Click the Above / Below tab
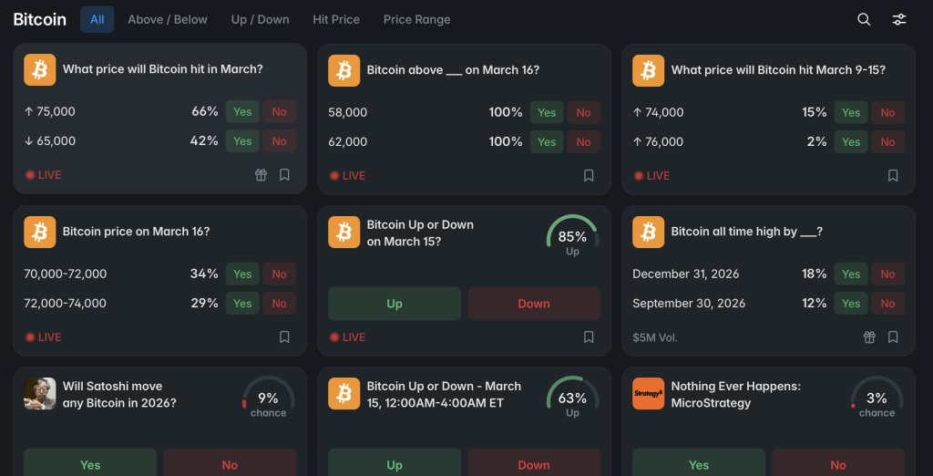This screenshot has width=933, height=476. [x=168, y=19]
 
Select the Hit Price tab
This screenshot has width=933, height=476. [x=336, y=19]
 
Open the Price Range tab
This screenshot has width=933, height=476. [x=416, y=19]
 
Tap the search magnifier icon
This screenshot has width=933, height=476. [x=864, y=19]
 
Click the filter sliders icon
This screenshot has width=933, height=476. [x=899, y=19]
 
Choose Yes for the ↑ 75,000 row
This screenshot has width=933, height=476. [x=242, y=112]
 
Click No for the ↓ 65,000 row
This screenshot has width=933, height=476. [x=279, y=141]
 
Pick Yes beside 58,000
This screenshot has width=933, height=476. [x=547, y=113]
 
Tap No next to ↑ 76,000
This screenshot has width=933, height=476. [x=887, y=142]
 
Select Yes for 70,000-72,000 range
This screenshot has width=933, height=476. [x=242, y=274]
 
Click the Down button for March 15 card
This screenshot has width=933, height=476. [x=534, y=304]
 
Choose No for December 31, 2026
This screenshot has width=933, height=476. [x=887, y=274]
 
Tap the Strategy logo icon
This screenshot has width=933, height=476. [x=648, y=393]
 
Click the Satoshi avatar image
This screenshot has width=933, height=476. [x=39, y=393]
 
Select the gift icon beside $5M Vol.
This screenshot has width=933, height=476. [x=869, y=337]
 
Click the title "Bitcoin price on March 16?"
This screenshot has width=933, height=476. [x=136, y=232]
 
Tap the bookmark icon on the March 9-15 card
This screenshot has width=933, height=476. [x=893, y=176]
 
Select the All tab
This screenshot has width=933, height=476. [x=97, y=19]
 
